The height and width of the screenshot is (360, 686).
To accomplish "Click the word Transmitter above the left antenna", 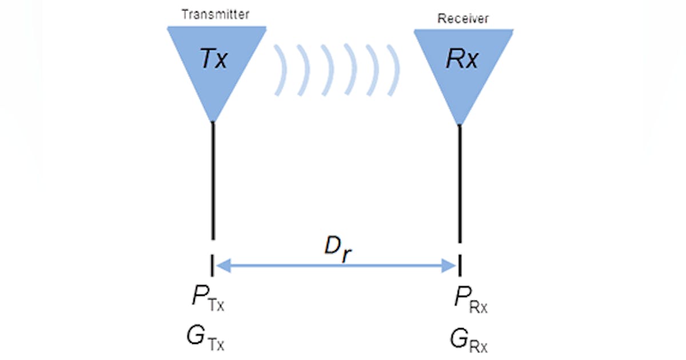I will click(216, 15).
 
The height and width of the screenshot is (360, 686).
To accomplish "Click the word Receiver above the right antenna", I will click(464, 19).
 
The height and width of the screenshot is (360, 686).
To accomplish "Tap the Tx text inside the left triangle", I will click(213, 59).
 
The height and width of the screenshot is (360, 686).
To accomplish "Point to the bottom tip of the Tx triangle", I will click(213, 120).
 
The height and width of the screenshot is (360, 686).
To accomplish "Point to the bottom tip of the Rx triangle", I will click(460, 123).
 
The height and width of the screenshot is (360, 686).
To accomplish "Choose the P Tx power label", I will click(206, 300).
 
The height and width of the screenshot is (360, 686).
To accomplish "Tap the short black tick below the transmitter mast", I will click(213, 265).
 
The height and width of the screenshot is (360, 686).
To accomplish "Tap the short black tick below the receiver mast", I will click(460, 265).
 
